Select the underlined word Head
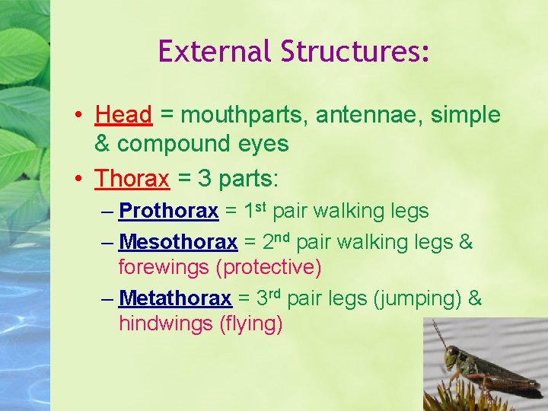tap(124, 116)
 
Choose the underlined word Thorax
tap(132, 179)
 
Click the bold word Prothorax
tap(169, 211)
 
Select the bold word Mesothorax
tap(178, 243)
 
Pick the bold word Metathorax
tap(175, 298)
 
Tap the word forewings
tap(164, 268)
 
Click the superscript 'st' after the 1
tap(260, 205)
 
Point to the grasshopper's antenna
tap(439, 333)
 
